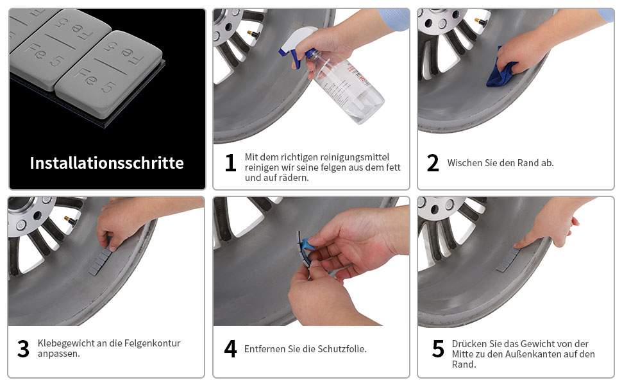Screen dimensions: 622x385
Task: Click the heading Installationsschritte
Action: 106,163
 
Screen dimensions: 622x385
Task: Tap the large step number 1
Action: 230,163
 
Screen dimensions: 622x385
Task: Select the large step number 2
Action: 433,163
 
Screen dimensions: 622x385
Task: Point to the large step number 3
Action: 23,349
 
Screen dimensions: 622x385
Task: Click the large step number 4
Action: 230,349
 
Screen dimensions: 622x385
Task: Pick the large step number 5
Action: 438,349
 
